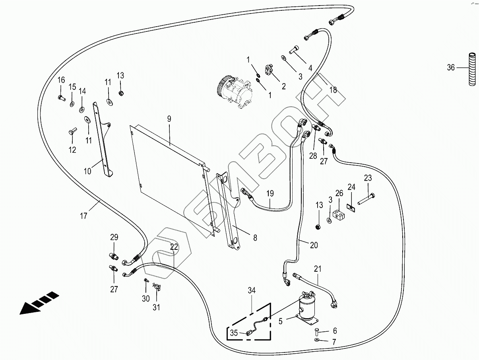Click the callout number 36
click(451, 68)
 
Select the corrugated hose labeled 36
click(472, 72)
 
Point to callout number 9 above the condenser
click(169, 119)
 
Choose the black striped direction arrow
click(39, 303)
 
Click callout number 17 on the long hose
click(83, 216)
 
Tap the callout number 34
click(252, 290)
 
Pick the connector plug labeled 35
click(249, 333)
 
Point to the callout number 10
click(87, 171)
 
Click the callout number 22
click(174, 247)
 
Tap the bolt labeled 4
click(294, 50)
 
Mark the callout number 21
click(318, 269)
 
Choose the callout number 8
click(255, 237)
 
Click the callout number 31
click(156, 307)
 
